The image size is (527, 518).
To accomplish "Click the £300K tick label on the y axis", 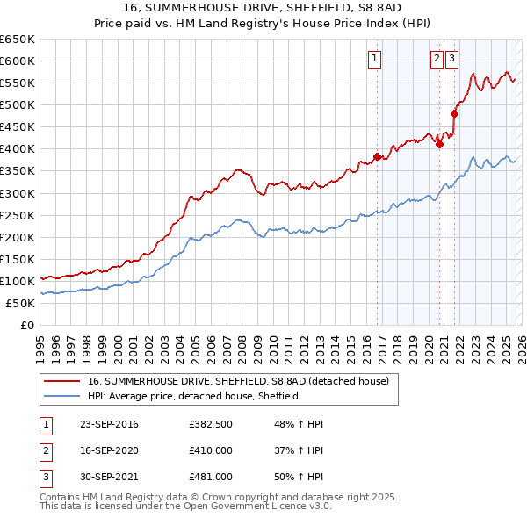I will coord(17,193).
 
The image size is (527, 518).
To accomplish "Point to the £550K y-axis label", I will coord(17,83).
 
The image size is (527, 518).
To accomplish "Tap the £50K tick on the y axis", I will coord(20,303).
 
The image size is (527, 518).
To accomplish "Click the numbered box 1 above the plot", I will coord(374,59).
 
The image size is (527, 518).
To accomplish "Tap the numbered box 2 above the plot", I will coord(437,59).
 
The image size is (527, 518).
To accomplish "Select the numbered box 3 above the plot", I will coord(451,59).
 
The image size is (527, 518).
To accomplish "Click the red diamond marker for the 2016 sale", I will coord(378,156).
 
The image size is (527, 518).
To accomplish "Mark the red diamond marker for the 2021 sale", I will coord(455,112).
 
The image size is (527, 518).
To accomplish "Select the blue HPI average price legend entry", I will coord(193,396).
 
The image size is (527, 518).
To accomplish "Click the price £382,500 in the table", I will coord(211,424).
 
